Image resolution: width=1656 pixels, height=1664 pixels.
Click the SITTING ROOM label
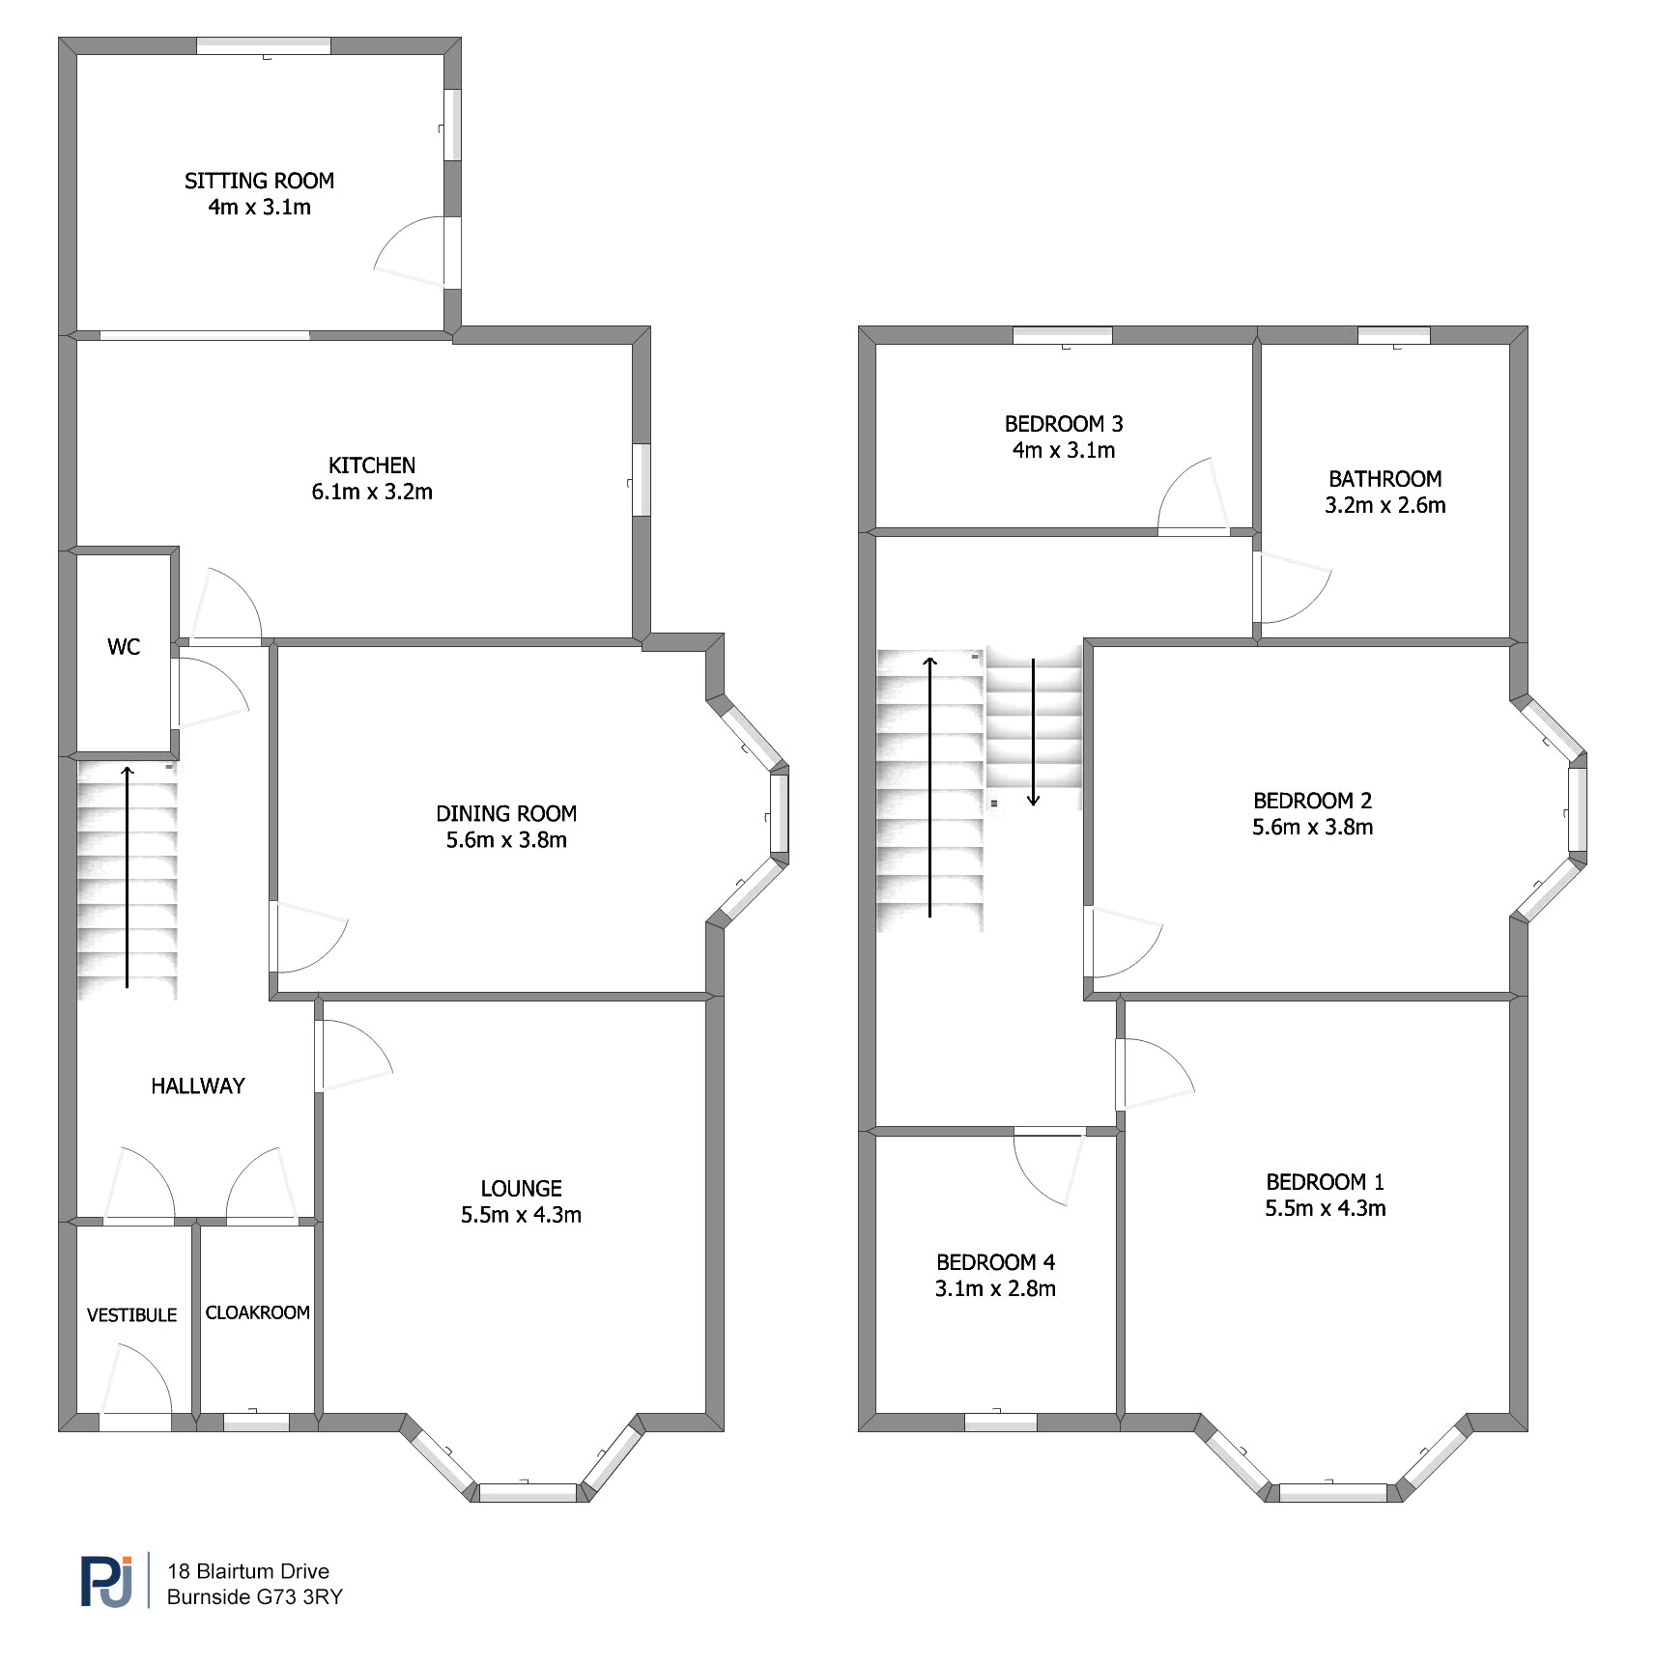259,181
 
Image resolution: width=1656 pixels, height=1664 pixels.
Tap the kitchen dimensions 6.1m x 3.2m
372,492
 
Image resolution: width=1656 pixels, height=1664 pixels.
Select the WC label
124,647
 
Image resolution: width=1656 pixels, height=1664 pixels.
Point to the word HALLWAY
198,1086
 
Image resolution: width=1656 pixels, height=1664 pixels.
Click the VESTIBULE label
132,1315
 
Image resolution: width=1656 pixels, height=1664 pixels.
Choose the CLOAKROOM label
258,1312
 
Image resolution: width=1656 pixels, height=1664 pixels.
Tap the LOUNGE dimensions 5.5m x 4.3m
521,1215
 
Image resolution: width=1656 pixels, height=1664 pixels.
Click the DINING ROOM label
506,813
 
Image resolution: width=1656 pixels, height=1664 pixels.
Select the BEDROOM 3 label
1064,424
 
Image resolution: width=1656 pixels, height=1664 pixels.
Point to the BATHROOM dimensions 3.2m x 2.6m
1385,505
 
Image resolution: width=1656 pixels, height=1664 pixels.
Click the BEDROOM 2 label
1313,801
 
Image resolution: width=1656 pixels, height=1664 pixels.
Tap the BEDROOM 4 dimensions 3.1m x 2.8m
995,1288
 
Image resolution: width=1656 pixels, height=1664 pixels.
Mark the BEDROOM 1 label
1326,1182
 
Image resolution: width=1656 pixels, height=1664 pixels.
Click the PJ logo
106,1581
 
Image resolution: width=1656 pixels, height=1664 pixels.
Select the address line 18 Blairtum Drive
248,1571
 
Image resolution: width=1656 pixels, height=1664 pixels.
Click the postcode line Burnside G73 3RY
255,1597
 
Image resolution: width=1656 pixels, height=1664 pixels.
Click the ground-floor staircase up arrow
127,877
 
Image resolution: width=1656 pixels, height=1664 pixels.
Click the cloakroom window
256,1422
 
